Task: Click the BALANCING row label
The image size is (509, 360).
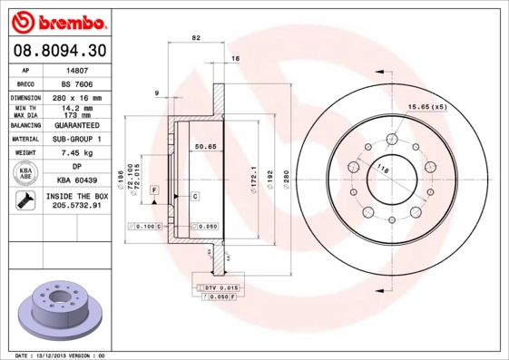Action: (x=27, y=125)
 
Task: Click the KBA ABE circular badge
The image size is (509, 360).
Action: (x=26, y=174)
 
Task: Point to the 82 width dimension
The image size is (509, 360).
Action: (x=196, y=37)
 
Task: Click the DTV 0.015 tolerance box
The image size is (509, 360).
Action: (x=218, y=287)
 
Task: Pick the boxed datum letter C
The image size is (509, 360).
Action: (x=194, y=196)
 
